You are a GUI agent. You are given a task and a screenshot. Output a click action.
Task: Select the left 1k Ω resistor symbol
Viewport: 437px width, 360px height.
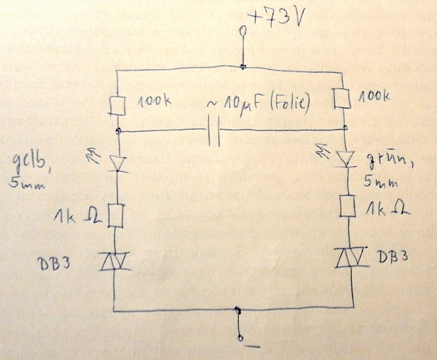click(119, 215)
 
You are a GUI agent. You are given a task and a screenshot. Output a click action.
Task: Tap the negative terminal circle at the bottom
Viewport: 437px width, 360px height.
click(241, 337)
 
